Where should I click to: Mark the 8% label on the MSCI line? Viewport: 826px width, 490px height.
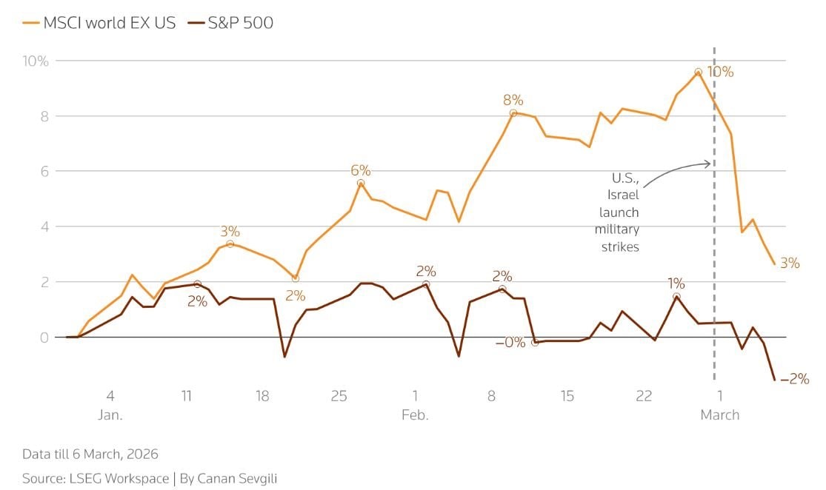click(x=513, y=100)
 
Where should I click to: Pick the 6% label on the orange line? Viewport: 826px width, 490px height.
click(x=361, y=170)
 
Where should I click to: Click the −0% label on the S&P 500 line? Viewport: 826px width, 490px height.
click(x=511, y=342)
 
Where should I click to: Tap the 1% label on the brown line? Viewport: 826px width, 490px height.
click(x=676, y=283)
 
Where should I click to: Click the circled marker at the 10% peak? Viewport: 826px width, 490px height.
click(x=698, y=72)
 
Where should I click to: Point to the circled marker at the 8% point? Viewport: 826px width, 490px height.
click(x=513, y=113)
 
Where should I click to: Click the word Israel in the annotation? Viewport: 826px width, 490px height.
click(x=624, y=195)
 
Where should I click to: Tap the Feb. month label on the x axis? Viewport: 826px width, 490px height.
click(x=415, y=415)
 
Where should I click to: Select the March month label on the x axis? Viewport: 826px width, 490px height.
click(x=719, y=415)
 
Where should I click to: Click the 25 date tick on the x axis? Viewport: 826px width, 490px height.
click(x=339, y=396)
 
